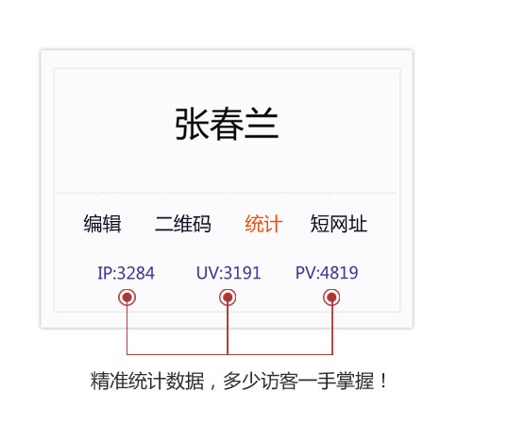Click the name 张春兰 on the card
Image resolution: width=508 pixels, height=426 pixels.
pyautogui.click(x=227, y=124)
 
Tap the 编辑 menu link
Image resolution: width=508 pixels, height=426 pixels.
pyautogui.click(x=102, y=224)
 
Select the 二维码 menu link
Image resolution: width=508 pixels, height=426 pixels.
pyautogui.click(x=183, y=224)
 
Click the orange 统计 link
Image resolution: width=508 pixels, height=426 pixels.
pyautogui.click(x=263, y=224)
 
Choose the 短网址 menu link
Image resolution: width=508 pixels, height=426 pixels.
pyautogui.click(x=339, y=224)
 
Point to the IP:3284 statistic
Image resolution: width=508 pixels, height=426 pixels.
pyautogui.click(x=126, y=273)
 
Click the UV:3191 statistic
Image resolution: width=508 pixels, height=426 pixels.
pyautogui.click(x=229, y=273)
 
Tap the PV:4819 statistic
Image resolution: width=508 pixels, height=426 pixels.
pyautogui.click(x=327, y=273)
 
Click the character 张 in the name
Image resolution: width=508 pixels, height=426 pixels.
pyautogui.click(x=192, y=124)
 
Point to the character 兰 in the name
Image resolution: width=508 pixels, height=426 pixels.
pyautogui.click(x=262, y=124)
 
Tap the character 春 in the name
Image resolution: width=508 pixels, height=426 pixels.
pyautogui.click(x=227, y=124)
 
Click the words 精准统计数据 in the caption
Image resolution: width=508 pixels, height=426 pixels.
pyautogui.click(x=147, y=381)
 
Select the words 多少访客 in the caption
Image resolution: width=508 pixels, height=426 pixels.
pyautogui.click(x=261, y=381)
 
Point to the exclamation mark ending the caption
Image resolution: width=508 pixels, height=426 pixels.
pyautogui.click(x=384, y=381)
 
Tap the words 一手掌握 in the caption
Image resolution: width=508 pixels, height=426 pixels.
pyautogui.click(x=336, y=381)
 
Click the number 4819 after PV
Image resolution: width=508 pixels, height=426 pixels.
pyautogui.click(x=339, y=273)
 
